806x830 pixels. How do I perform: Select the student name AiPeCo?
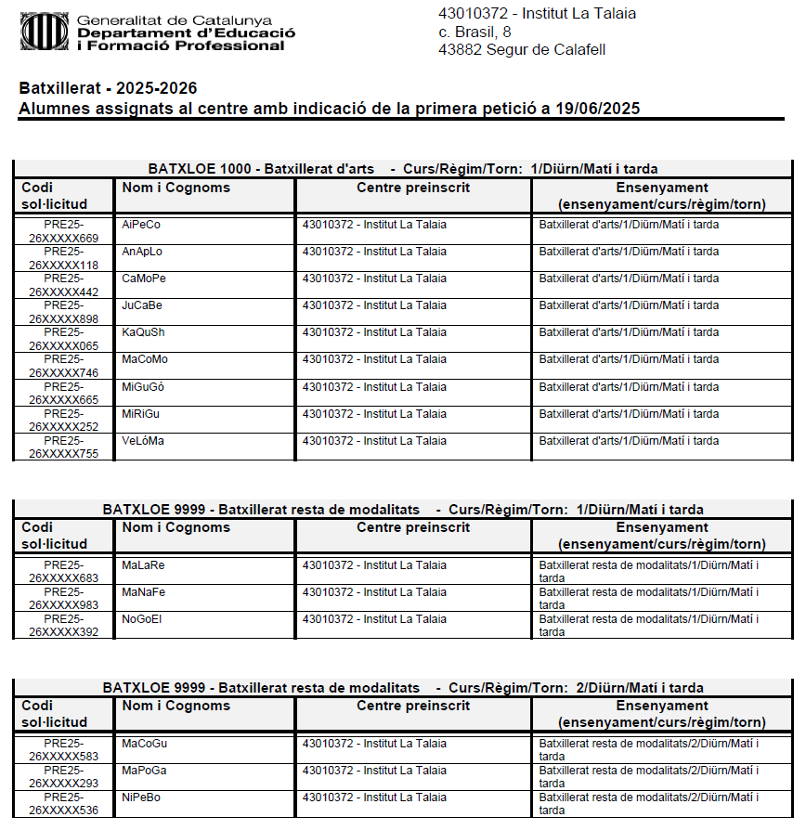(141, 225)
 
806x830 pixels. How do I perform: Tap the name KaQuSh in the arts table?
(143, 332)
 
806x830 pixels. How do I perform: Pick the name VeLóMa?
(142, 440)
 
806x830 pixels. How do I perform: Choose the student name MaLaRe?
(143, 564)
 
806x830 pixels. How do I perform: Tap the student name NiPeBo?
(141, 797)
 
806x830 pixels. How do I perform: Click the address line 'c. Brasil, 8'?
(474, 32)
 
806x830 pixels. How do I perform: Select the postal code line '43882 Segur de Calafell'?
(521, 49)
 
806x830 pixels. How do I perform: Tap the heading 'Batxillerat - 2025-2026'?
(108, 89)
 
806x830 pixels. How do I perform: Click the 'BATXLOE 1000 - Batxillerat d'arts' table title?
(261, 169)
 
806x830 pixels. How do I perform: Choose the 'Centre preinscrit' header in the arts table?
(413, 188)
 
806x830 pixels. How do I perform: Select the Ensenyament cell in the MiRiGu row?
(629, 413)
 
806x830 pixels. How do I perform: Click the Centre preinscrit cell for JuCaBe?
(374, 305)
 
